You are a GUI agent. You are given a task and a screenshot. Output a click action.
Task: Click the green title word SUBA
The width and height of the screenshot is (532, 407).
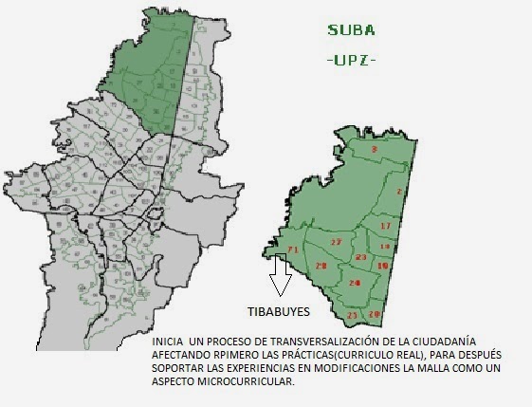352,29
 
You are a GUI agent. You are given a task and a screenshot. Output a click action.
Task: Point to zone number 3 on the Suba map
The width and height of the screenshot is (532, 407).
374,150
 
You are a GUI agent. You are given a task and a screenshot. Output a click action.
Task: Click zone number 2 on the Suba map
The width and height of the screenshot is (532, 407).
399,192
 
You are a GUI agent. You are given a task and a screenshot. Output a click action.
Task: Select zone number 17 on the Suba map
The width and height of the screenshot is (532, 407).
385,227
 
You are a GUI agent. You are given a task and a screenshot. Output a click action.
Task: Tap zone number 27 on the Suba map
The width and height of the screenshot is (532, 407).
336,243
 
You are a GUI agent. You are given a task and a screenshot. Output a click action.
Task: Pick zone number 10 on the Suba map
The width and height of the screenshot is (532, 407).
382,267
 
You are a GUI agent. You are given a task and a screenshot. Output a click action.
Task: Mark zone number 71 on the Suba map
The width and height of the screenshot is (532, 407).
293,250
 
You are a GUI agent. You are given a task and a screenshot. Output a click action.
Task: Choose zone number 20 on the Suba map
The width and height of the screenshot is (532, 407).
375,314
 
